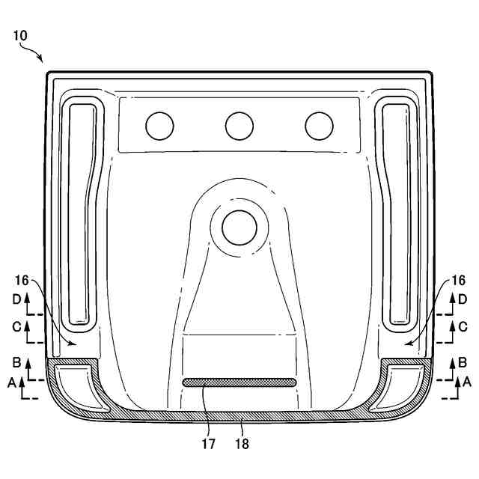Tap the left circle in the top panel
(x=159, y=126)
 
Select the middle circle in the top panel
(x=239, y=126)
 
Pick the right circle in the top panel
(x=319, y=126)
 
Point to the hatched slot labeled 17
(x=239, y=382)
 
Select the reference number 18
(x=242, y=444)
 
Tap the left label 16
(x=22, y=280)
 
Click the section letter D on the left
(x=16, y=299)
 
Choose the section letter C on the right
(x=463, y=326)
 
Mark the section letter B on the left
(x=16, y=362)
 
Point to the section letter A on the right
(x=468, y=381)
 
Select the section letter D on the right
(x=463, y=299)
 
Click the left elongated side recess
(x=82, y=213)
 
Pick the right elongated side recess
(x=397, y=213)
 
